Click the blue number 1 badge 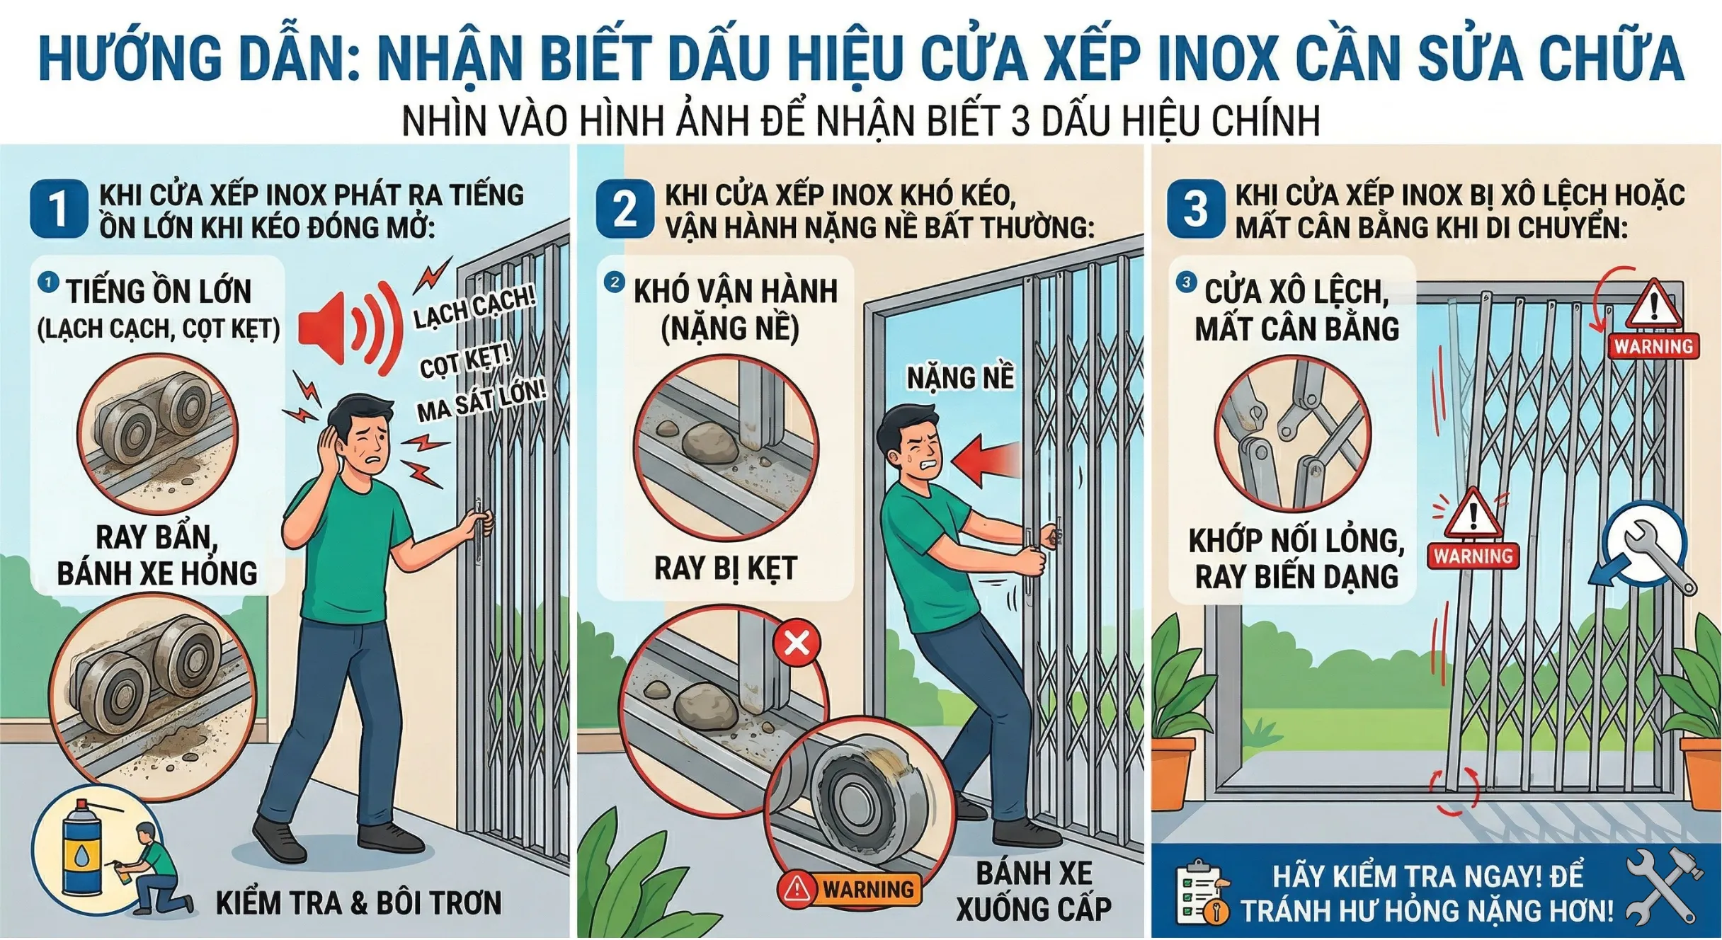(x=58, y=209)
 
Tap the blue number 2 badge (x=624, y=209)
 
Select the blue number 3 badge (x=1195, y=209)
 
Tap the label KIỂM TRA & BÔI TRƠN (x=358, y=903)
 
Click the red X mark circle (x=797, y=643)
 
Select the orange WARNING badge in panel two (x=850, y=888)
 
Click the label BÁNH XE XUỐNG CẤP (x=1034, y=891)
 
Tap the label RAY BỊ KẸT (x=725, y=568)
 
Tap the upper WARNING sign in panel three (x=1653, y=322)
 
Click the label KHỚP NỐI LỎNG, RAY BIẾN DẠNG (x=1296, y=558)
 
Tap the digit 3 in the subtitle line (x=1020, y=121)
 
